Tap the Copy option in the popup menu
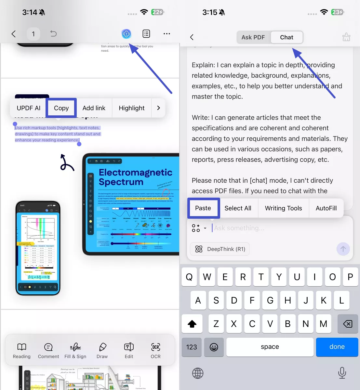point(61,108)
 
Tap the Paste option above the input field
point(203,208)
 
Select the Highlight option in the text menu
point(131,108)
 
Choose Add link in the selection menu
point(94,108)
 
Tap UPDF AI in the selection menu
point(29,108)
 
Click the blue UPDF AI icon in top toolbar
point(126,33)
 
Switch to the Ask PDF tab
point(253,37)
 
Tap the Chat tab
point(287,37)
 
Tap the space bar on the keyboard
point(270,347)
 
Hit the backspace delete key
point(347,324)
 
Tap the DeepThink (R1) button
point(220,249)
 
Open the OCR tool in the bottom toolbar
point(155,350)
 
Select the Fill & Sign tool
point(75,350)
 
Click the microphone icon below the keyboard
point(342,373)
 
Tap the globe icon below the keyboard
point(198,373)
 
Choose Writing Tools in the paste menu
point(283,208)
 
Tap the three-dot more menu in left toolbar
point(167,33)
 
